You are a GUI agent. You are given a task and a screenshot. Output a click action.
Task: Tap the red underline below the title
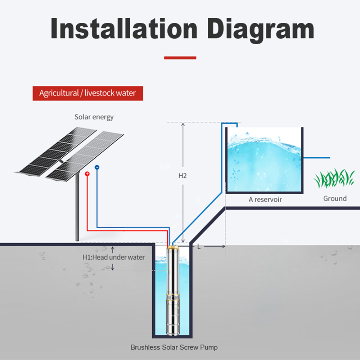click(x=180, y=58)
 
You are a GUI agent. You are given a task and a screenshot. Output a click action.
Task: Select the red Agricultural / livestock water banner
click(x=88, y=93)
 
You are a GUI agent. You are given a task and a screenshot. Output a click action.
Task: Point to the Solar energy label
click(x=94, y=117)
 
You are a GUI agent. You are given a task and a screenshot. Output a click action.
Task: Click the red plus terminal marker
click(x=87, y=174)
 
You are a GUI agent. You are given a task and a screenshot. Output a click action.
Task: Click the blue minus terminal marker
click(x=97, y=167)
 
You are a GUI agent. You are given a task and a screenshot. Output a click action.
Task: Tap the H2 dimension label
click(x=183, y=176)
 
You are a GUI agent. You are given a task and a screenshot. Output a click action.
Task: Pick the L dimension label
click(x=199, y=247)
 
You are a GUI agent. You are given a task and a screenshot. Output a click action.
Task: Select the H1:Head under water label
click(x=114, y=257)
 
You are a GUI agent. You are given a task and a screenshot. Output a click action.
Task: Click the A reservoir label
click(x=265, y=199)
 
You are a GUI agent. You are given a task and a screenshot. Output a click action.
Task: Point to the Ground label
click(x=335, y=198)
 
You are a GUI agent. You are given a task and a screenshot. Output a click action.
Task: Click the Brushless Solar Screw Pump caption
click(x=174, y=347)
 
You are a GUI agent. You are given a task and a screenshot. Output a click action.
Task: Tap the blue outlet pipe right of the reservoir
click(x=316, y=158)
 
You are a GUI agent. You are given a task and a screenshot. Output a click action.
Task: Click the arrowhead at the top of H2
click(x=183, y=124)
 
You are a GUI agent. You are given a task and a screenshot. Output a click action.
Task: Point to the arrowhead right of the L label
click(x=224, y=246)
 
